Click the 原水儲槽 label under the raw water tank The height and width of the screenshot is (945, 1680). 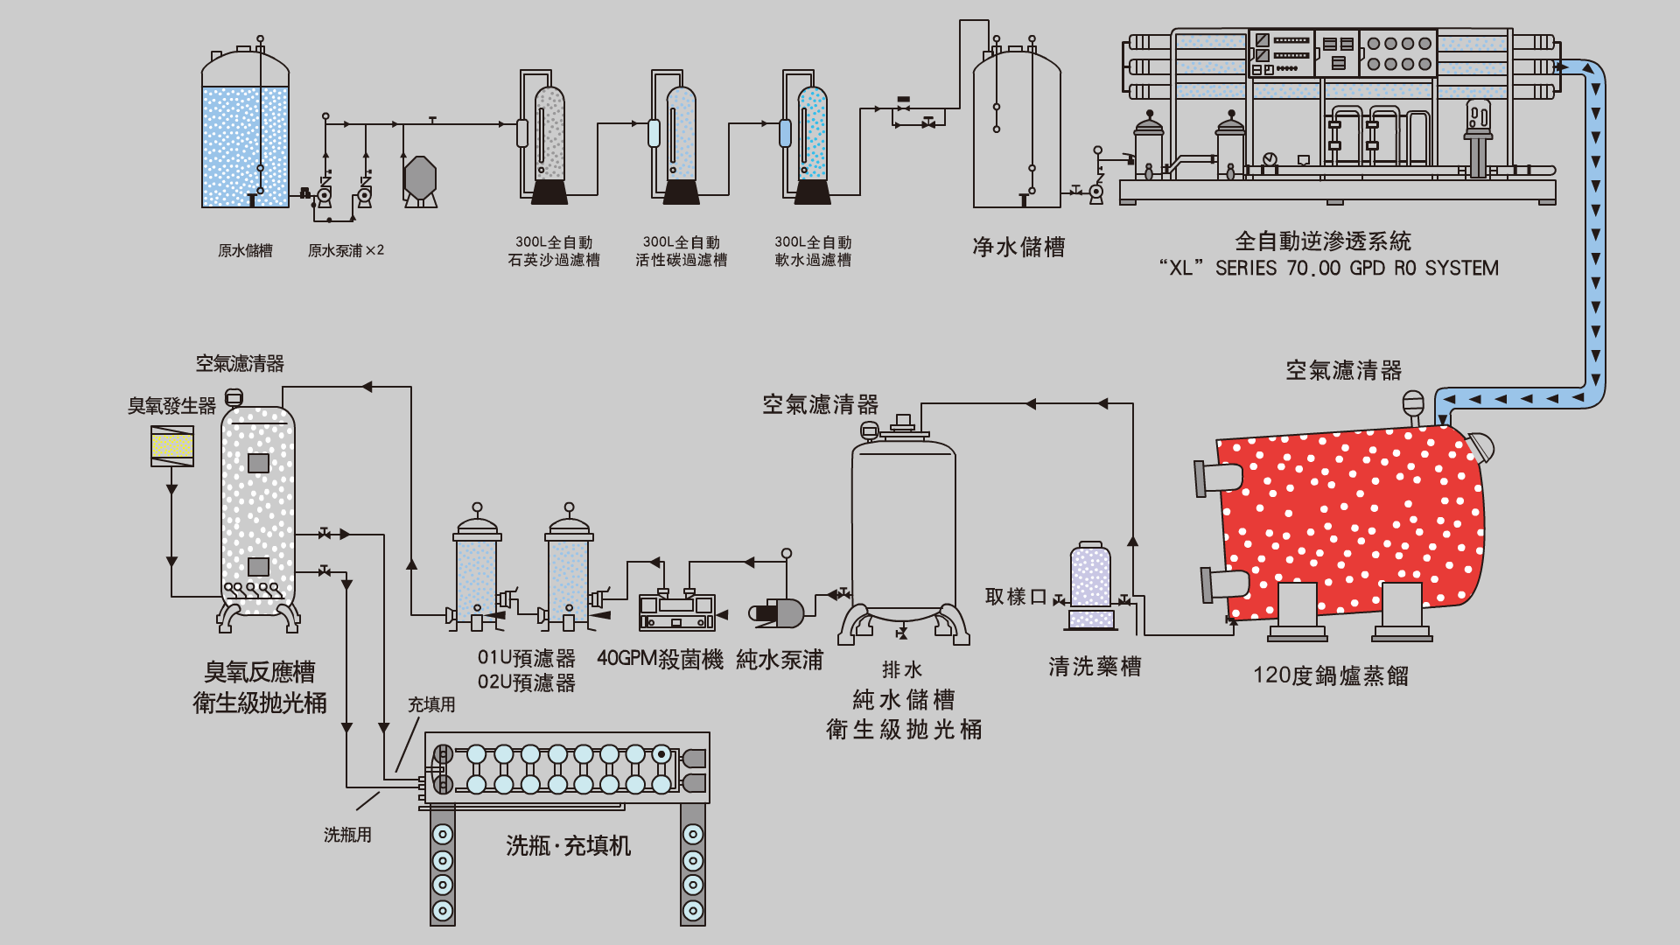[245, 251]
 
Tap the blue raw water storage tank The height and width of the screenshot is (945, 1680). [245, 144]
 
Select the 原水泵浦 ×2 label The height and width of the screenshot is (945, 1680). [346, 251]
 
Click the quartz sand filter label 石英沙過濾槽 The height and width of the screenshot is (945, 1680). [554, 260]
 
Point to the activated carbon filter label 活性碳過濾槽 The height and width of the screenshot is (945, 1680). [681, 260]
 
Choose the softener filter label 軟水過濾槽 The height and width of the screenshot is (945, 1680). [813, 260]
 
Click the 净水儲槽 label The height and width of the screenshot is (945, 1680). [1018, 248]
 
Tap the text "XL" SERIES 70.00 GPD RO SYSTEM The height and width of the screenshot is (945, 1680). [1328, 268]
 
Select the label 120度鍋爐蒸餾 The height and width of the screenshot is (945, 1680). [1330, 675]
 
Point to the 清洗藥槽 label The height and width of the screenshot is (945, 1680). [1095, 667]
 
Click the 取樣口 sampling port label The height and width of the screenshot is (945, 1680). [1015, 597]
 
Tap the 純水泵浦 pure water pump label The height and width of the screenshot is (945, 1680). [780, 660]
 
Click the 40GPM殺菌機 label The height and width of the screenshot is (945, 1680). [660, 659]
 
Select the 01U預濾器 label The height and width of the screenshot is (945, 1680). [526, 658]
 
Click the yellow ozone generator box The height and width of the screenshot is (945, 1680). [172, 446]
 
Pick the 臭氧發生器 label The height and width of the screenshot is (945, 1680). [171, 406]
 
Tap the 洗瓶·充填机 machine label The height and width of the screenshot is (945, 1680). [568, 846]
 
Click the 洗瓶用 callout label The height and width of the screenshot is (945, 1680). [347, 835]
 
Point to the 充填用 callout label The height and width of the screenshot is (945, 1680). [431, 704]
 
